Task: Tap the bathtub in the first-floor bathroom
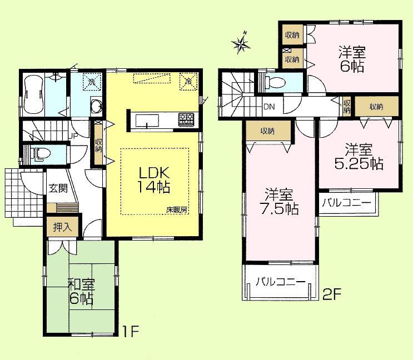(34, 95)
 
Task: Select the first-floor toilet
(37, 154)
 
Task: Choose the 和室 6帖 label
(81, 292)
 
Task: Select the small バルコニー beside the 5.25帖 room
(346, 204)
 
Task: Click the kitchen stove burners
(185, 118)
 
